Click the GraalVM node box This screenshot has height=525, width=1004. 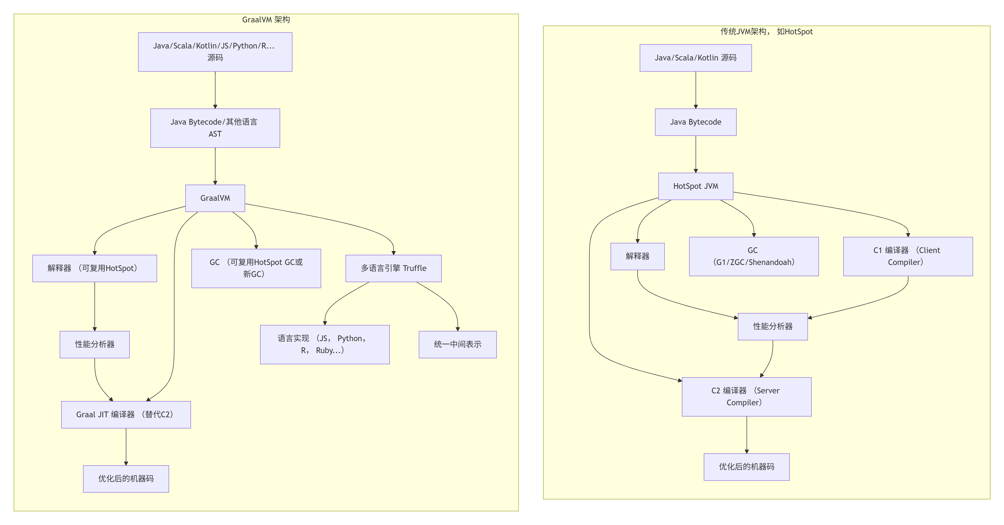(x=215, y=198)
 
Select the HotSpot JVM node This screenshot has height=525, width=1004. (x=695, y=186)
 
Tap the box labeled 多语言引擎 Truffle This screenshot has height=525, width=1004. (x=393, y=268)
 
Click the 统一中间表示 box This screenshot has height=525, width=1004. (x=457, y=344)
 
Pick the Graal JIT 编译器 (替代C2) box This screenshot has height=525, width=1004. (x=126, y=415)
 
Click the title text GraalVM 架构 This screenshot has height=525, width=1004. (x=266, y=19)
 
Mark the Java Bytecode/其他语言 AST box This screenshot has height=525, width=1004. (x=215, y=128)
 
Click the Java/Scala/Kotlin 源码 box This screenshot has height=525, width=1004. (x=695, y=58)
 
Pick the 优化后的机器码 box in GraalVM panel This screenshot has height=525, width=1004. (x=126, y=478)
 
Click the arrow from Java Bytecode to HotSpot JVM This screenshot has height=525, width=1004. (x=695, y=154)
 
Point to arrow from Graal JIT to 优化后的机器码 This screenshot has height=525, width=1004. (x=126, y=447)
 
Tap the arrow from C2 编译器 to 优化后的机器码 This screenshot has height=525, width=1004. (x=746, y=434)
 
